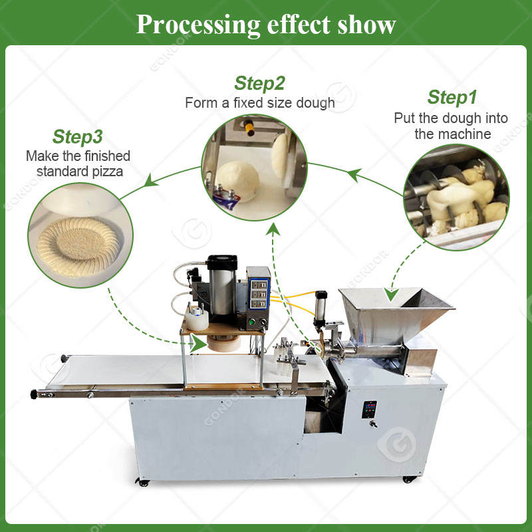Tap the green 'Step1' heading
(452, 97)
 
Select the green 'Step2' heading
(259, 83)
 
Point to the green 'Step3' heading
(77, 137)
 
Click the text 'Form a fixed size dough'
(259, 103)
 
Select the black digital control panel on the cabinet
(369, 409)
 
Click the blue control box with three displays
(258, 293)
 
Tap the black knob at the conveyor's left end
(34, 394)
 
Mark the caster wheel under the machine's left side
(142, 481)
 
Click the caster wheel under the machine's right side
(407, 478)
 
